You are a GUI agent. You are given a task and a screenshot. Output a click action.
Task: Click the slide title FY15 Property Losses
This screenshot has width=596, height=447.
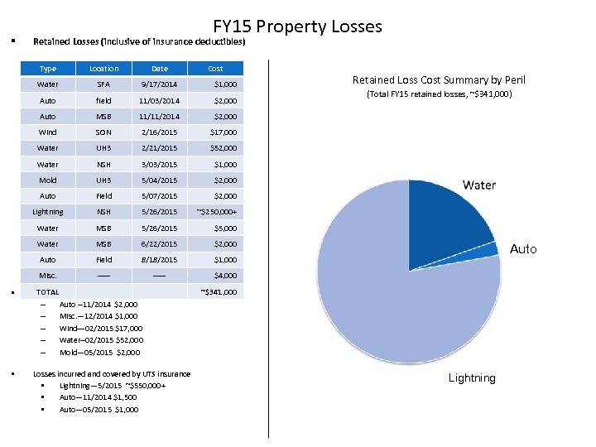pos(297,26)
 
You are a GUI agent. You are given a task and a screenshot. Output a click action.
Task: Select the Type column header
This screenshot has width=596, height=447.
pos(48,69)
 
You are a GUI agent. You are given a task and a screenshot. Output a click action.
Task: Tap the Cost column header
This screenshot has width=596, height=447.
pos(215,69)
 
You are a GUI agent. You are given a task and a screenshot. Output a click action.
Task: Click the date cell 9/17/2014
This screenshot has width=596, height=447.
pos(159,84)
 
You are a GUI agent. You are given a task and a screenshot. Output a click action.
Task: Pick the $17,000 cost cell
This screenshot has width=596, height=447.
pos(223,132)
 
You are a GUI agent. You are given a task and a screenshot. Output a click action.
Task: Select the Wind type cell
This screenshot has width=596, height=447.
pos(48,132)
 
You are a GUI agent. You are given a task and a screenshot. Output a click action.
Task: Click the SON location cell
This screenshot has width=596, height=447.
pos(103,132)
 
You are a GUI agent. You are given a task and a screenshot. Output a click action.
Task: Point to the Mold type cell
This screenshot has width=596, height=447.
pos(48,180)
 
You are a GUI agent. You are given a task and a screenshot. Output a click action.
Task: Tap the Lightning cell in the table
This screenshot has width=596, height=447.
pos(48,212)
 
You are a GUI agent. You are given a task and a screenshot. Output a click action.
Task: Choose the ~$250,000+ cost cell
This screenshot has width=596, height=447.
pos(218,212)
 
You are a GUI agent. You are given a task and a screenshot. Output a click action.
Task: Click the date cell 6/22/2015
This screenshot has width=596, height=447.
pos(159,244)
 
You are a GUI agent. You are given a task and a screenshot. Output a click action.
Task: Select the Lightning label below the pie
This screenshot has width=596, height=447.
pos(472,378)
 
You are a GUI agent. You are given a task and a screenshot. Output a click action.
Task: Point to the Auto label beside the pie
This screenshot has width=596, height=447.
pos(523,249)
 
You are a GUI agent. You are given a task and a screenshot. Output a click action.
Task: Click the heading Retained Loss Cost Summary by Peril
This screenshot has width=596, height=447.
pos(439,80)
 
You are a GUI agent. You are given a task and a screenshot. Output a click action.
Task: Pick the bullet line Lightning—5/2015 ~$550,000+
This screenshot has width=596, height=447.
pos(113,386)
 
